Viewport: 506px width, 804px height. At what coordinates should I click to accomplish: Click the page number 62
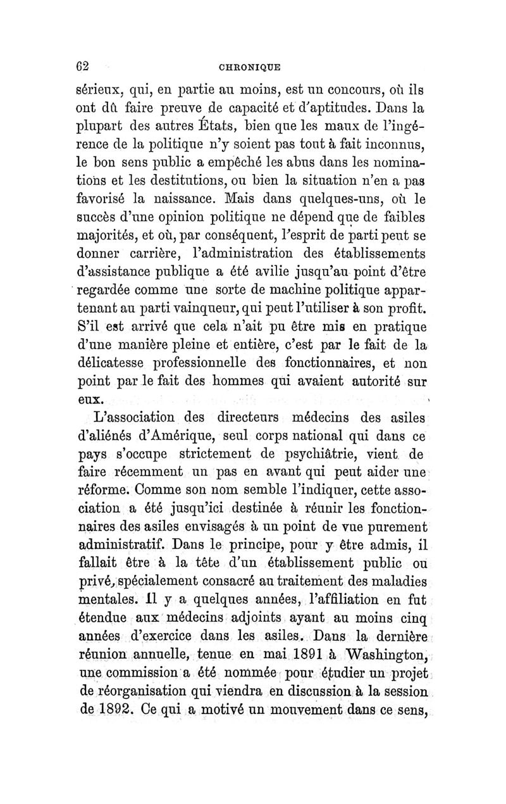click(x=78, y=65)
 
